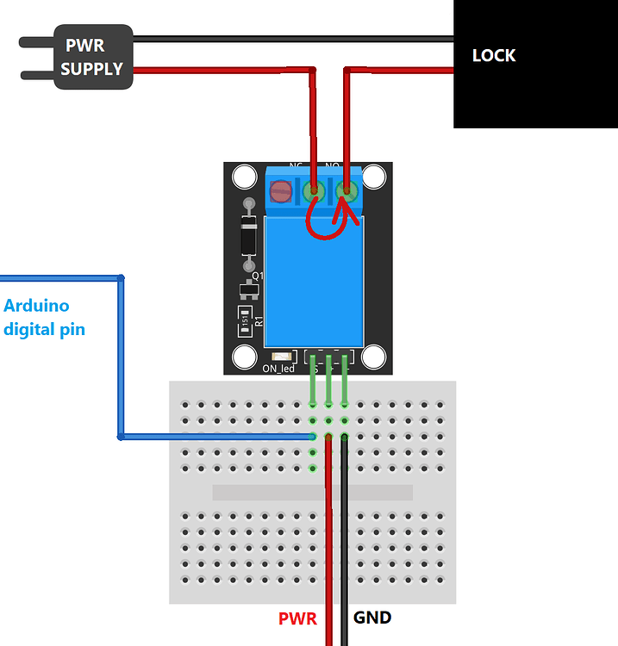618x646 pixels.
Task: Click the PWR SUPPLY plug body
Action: point(93,57)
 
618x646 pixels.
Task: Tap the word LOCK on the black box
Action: point(494,56)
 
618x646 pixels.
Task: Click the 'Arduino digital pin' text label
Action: point(44,317)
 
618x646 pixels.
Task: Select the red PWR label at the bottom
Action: point(297,618)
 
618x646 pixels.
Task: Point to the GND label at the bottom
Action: point(372,618)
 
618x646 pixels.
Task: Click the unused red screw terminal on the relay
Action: point(281,191)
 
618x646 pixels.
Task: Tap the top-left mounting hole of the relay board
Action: point(245,177)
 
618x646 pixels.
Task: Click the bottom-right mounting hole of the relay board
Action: point(374,357)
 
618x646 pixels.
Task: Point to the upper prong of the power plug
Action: point(35,40)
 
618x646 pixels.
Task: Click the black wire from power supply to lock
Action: point(293,39)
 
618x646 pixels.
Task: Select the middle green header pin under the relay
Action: point(328,379)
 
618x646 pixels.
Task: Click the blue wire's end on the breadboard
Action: point(312,437)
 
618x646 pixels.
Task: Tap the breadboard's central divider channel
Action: point(312,493)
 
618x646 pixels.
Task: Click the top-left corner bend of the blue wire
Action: point(121,278)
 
